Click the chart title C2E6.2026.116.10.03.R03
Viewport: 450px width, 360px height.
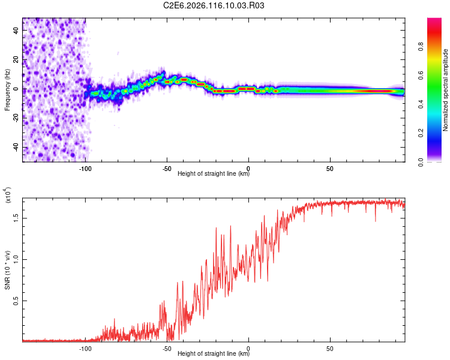coord(214,6)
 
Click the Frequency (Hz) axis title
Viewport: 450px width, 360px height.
coord(7,89)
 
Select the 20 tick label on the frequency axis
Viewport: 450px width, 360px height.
coord(17,60)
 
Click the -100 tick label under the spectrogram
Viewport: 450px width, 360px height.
coord(85,168)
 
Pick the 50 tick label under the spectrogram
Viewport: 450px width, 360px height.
coord(330,168)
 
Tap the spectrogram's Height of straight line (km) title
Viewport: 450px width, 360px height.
coord(214,174)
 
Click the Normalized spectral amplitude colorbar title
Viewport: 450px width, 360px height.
coord(445,90)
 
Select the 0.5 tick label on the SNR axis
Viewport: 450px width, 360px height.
coord(17,301)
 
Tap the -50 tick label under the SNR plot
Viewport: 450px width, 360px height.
coord(167,348)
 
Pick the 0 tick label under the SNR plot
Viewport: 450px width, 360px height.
coord(248,348)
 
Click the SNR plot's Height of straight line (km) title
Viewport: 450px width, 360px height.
coord(214,354)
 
